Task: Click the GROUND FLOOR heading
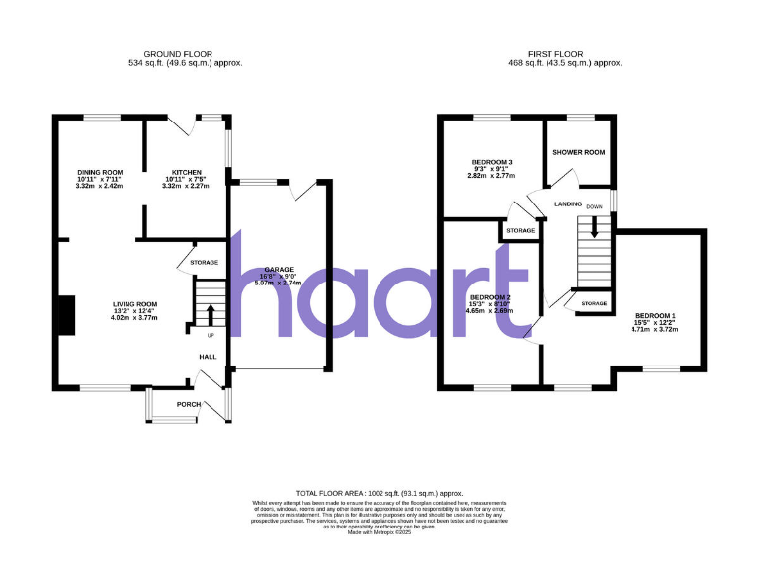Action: point(178,53)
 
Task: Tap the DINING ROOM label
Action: point(100,172)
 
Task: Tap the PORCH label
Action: point(189,404)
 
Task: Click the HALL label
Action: point(208,357)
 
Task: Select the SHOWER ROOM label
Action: point(578,152)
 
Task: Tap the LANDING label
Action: point(567,203)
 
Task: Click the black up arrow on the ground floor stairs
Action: point(209,315)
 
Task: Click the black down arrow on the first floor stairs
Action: point(594,226)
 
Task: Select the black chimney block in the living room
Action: point(65,316)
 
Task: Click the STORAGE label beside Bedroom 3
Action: point(520,231)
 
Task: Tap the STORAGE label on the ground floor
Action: point(205,262)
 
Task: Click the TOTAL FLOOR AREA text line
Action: point(379,492)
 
